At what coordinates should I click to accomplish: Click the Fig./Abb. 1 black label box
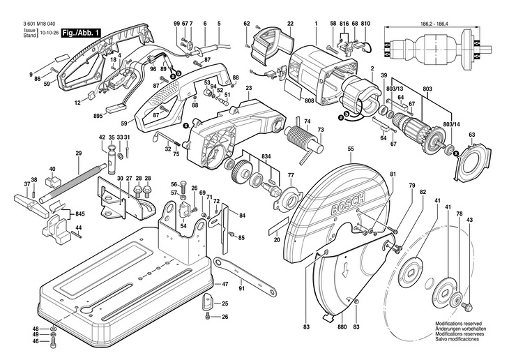[82, 33]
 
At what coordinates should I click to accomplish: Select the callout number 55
[351, 149]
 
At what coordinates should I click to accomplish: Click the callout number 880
[342, 327]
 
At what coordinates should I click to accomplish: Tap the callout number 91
[241, 287]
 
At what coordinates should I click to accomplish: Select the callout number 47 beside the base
[225, 285]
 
